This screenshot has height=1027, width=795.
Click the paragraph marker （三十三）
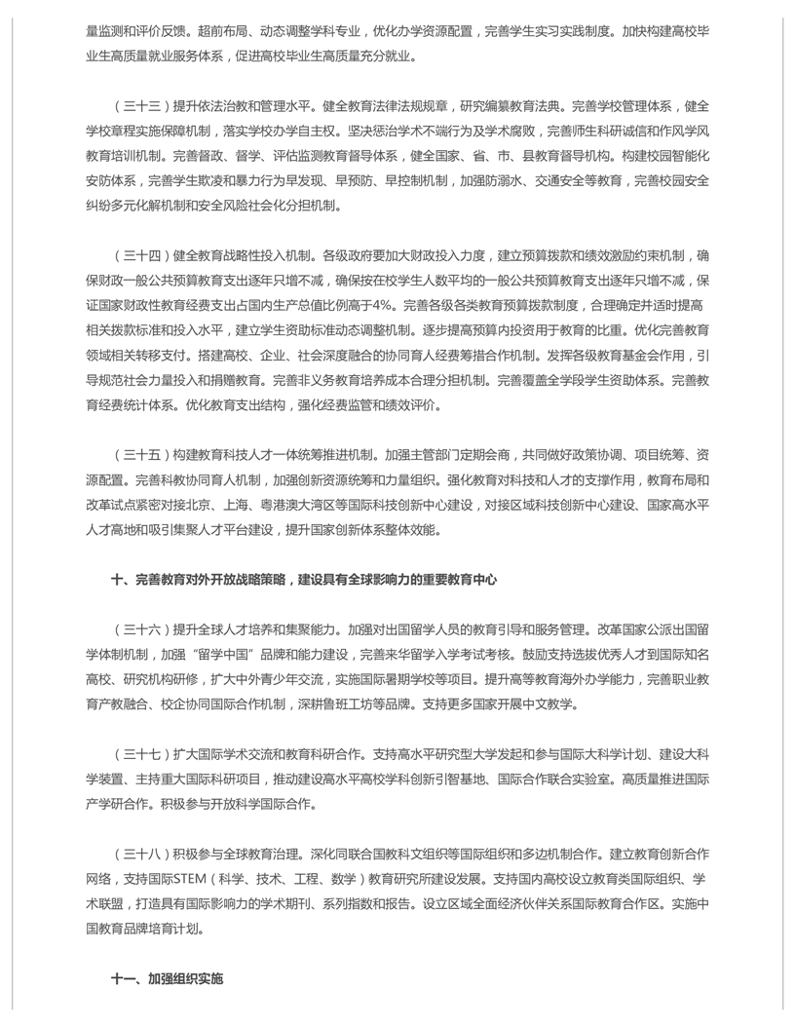[140, 104]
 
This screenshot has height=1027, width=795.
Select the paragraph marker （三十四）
[140, 256]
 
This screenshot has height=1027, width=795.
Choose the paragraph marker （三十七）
[140, 755]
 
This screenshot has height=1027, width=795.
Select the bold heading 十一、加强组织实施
[167, 977]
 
